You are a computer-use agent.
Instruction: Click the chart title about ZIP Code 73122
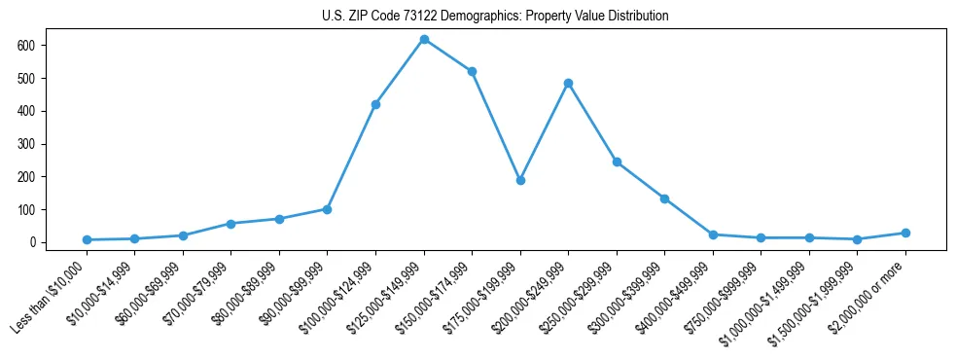tap(495, 17)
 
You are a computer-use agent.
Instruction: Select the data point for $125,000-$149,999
tap(424, 39)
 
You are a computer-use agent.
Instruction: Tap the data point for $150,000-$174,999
tap(472, 71)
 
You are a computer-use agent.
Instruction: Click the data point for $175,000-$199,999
tap(520, 180)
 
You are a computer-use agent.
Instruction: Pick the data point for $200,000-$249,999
tap(568, 83)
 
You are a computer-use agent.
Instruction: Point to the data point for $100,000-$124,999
tap(375, 104)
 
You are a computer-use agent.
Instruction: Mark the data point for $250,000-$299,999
tap(617, 162)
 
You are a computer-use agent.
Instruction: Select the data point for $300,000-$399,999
tap(664, 198)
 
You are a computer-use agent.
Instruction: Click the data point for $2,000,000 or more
tap(905, 233)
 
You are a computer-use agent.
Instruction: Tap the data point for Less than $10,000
tap(87, 239)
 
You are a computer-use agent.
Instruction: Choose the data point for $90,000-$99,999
tap(327, 209)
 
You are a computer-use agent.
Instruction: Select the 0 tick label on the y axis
tap(32, 242)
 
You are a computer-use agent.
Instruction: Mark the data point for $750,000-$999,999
tap(761, 237)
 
